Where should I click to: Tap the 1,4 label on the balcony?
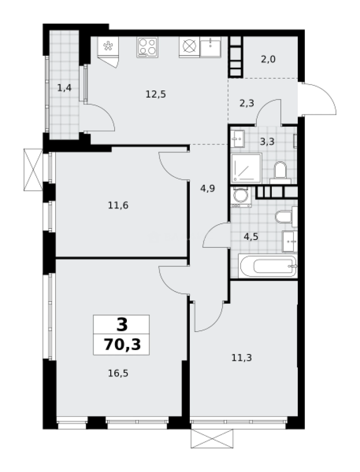tap(64, 87)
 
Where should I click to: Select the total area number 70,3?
tap(122, 344)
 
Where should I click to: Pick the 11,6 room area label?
tap(118, 205)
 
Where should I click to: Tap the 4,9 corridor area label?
tap(208, 189)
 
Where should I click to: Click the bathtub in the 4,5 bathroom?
tap(268, 266)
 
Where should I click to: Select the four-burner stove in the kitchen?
tap(147, 47)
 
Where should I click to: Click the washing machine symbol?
tap(241, 197)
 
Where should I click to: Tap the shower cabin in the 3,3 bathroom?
tap(246, 167)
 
